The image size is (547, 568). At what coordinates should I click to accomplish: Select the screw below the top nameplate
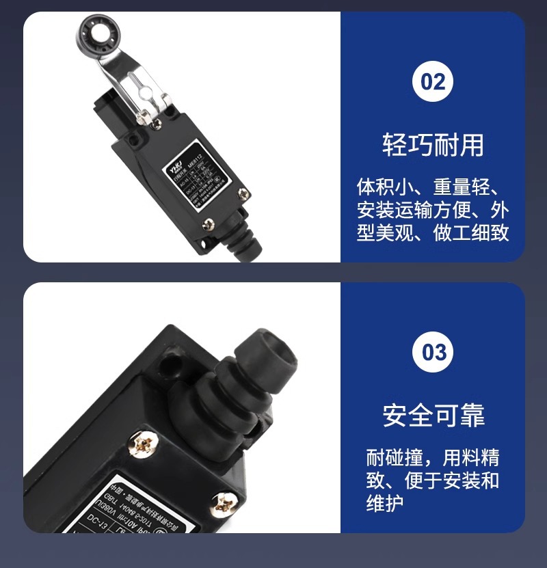pos(209,224)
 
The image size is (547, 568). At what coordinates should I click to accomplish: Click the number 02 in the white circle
pos(433,81)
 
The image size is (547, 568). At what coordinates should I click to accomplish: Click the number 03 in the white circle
pos(433,352)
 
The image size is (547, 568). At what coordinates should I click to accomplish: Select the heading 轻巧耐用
pos(433,145)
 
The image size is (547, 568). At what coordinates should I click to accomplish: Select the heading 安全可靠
pos(433,415)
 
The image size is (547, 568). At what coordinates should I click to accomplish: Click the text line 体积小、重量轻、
pos(432,187)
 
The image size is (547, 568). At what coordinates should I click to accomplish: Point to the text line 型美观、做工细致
pos(432,232)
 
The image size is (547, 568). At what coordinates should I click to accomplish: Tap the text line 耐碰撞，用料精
pos(432,457)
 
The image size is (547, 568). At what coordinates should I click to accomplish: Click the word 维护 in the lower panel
pos(384,502)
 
